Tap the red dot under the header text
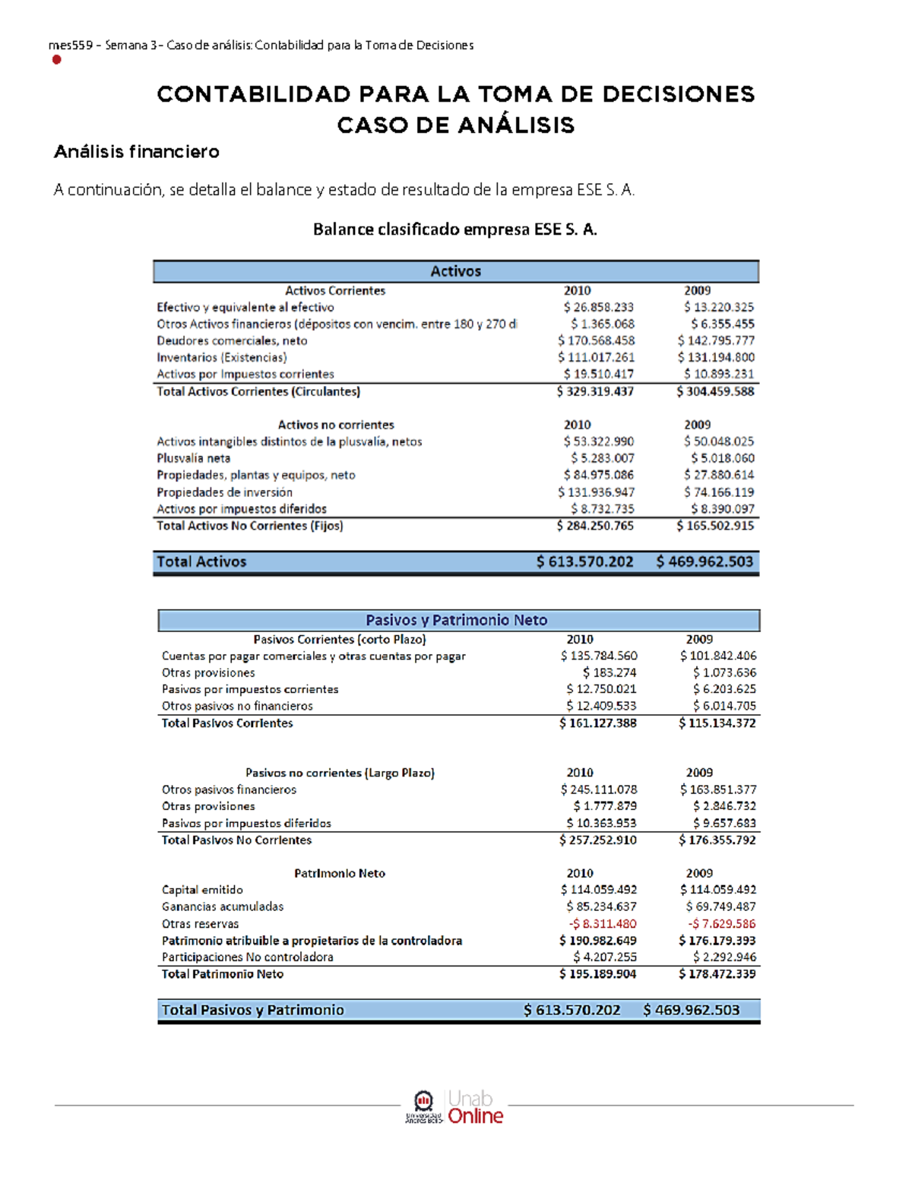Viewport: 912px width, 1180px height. coord(56,60)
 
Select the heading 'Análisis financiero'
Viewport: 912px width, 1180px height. coord(136,152)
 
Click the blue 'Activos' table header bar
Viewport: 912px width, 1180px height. coord(456,271)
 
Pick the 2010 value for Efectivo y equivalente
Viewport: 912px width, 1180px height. coord(598,308)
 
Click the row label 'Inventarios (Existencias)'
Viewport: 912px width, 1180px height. coord(222,358)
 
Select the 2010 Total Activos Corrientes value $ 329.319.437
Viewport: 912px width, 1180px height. coord(595,392)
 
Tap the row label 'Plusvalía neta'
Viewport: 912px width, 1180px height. coord(193,458)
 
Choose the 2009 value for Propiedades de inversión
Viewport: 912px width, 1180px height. coord(718,492)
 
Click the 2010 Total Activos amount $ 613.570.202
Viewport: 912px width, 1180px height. coord(584,562)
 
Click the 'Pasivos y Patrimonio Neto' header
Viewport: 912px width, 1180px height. coord(457,620)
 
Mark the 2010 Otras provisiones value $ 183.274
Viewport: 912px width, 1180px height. coord(610,672)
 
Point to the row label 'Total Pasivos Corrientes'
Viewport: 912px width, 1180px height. coord(226,723)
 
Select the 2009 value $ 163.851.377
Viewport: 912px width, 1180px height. coord(718,789)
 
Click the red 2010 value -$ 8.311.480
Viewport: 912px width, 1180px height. coord(603,924)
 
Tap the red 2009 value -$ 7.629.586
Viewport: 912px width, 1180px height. coord(721,924)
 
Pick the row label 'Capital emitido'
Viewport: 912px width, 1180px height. coord(202,890)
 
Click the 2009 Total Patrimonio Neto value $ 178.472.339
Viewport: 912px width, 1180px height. coord(717,974)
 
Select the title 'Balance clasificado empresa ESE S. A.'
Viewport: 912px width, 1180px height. coord(455,229)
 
